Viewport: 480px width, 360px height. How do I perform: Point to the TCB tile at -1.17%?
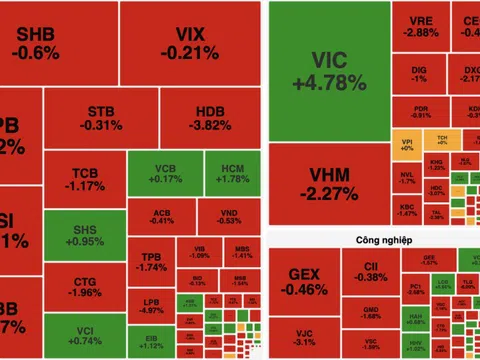(x=84, y=177)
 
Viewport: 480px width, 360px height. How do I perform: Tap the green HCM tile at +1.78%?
(x=231, y=173)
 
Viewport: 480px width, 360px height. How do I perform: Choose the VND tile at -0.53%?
(x=229, y=216)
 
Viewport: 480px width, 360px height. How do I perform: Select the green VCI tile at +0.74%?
(x=84, y=335)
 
